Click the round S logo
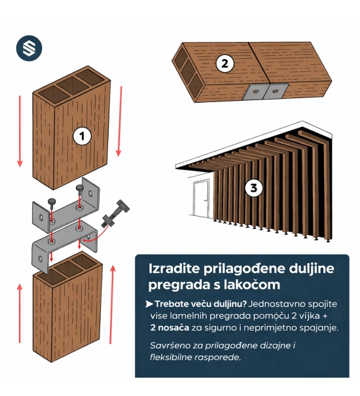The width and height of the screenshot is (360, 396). [29, 48]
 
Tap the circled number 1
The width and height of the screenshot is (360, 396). [82, 136]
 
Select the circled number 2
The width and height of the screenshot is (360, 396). [225, 63]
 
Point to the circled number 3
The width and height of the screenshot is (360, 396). [253, 188]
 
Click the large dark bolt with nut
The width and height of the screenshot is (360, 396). [115, 213]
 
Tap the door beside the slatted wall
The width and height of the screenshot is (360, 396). [202, 198]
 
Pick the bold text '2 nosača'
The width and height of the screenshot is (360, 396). [170, 327]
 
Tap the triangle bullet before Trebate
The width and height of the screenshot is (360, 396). [149, 304]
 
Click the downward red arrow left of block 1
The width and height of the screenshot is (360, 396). [20, 132]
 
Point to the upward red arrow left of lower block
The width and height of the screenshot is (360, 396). [20, 313]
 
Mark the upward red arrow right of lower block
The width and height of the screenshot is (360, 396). [112, 304]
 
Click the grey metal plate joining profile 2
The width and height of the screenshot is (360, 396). [265, 92]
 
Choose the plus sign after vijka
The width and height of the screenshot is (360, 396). [325, 316]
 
